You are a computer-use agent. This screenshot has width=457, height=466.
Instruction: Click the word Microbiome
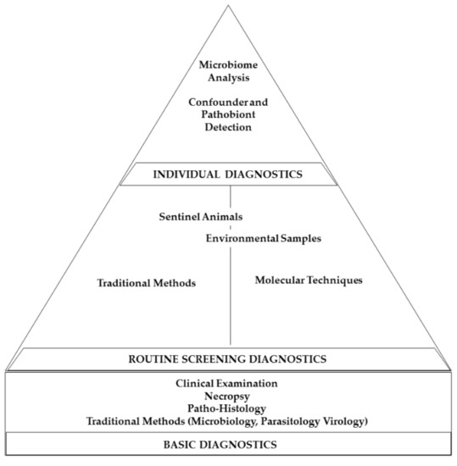pos(229,65)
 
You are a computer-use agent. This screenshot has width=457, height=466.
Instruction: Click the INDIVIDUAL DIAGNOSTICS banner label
pos(229,175)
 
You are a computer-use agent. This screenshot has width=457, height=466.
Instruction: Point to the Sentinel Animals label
pos(198,216)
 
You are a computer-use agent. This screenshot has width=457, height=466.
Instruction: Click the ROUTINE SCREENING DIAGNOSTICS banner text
pos(229,358)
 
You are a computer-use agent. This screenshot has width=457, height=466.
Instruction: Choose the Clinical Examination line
pos(229,384)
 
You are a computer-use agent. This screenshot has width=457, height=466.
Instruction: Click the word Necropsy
pos(229,396)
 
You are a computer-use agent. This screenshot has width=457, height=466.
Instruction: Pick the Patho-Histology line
pos(229,408)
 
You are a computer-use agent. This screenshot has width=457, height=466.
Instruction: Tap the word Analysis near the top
pos(229,79)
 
